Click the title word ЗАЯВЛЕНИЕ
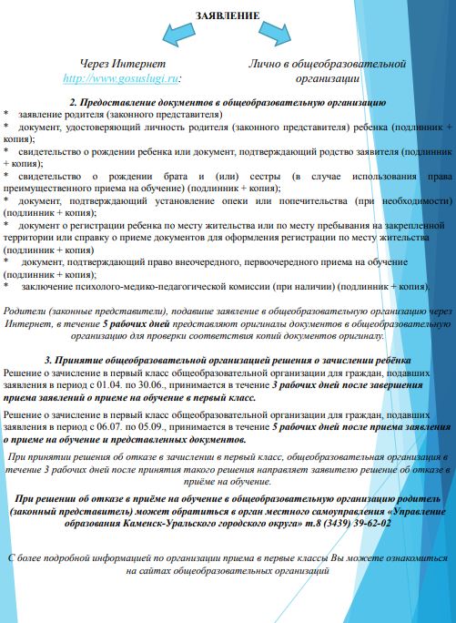pos(228,15)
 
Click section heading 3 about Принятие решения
pos(227,361)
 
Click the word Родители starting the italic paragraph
pos(26,311)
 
